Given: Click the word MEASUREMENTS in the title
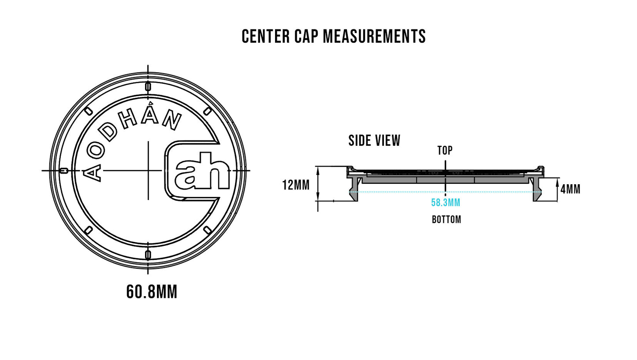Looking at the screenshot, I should tap(374, 37).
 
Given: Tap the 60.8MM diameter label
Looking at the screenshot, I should tap(152, 292).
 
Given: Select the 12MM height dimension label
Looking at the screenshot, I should tap(296, 185).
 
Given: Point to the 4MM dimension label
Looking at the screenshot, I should tap(570, 189).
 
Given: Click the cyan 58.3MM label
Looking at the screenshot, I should tap(446, 203).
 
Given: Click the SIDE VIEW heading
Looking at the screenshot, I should tap(374, 141).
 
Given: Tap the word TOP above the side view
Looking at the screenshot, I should tap(445, 151).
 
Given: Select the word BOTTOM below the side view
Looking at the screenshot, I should tap(446, 219).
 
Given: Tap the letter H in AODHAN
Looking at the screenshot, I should tap(128, 119).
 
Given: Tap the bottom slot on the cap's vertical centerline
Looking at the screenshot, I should tap(148, 255).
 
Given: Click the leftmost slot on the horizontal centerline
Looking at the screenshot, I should tap(64, 171).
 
